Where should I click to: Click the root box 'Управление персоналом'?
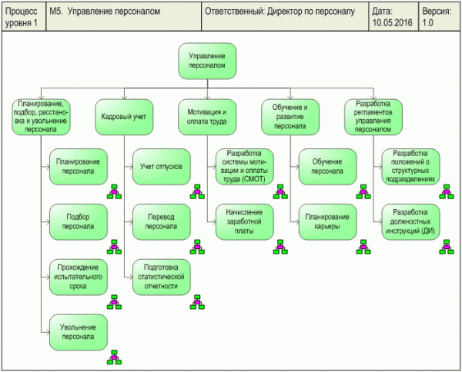click(x=207, y=61)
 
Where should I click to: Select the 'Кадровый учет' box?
click(x=124, y=117)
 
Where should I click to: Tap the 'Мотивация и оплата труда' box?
click(x=207, y=117)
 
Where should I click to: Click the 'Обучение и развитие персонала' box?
click(x=290, y=117)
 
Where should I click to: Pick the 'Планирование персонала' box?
click(x=79, y=167)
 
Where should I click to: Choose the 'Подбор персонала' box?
click(x=79, y=222)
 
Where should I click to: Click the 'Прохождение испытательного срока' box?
click(x=79, y=277)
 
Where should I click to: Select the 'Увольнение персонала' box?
click(x=79, y=332)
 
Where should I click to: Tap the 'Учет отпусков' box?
click(x=161, y=167)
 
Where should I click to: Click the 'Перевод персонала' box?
click(x=161, y=222)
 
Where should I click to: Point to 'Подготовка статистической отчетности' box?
click(x=161, y=277)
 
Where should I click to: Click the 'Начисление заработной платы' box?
click(x=244, y=222)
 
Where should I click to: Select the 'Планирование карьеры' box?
click(x=327, y=222)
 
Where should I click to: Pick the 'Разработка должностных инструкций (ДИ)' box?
click(x=410, y=222)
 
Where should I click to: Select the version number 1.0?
click(x=428, y=23)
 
